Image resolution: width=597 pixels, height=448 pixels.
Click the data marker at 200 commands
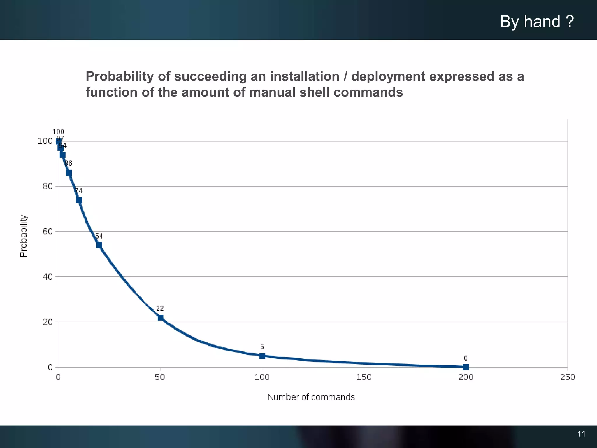point(466,367)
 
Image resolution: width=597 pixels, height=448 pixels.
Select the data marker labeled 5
point(262,356)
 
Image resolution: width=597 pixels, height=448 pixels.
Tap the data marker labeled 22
point(160,317)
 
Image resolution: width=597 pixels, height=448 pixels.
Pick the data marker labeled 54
point(99,245)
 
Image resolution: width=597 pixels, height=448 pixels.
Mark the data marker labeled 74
point(79,200)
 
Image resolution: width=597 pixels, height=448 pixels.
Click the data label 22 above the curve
point(160,308)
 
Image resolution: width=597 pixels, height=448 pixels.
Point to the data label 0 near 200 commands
point(466,358)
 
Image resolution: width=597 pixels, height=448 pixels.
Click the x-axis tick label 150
point(364,377)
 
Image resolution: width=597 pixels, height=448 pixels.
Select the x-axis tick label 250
point(567,377)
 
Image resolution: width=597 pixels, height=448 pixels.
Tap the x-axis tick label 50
point(160,377)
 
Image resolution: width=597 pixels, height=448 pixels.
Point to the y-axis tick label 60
point(48,232)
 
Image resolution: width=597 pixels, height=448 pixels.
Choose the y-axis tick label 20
point(48,322)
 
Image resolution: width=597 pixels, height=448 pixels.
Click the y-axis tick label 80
point(48,186)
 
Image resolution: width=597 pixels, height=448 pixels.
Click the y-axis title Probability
point(24,236)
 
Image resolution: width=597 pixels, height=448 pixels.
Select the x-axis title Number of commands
point(311,397)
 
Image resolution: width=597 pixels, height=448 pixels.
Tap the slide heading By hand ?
point(537,22)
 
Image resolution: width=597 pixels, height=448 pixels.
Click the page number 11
point(581,434)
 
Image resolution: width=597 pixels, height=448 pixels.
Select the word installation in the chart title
point(304,77)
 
